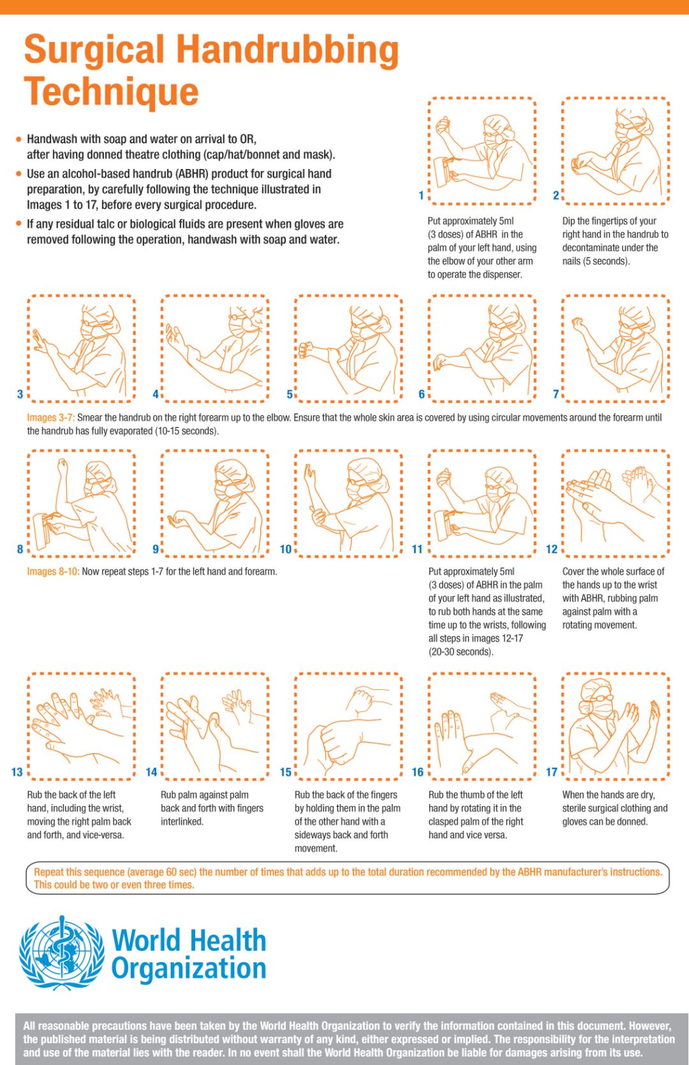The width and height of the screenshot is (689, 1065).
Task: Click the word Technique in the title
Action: pyautogui.click(x=111, y=92)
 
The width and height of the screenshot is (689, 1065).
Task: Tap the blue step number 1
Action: pyautogui.click(x=421, y=195)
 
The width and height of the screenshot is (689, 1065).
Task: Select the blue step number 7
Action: pyautogui.click(x=556, y=394)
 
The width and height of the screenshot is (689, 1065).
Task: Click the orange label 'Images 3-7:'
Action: pyautogui.click(x=51, y=418)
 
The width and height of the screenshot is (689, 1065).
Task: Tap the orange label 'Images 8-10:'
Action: pyautogui.click(x=53, y=571)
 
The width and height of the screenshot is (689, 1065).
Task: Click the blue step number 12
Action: pyautogui.click(x=552, y=549)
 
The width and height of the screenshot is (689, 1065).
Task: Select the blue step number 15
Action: pyautogui.click(x=285, y=772)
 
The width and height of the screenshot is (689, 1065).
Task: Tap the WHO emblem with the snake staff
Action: pyautogui.click(x=62, y=953)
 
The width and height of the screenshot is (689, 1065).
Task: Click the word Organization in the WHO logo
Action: pyautogui.click(x=189, y=969)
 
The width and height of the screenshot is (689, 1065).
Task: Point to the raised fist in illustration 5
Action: pyautogui.click(x=305, y=349)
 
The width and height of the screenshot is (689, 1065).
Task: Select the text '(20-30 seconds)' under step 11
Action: pyautogui.click(x=461, y=651)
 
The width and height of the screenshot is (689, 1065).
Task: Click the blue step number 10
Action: pyautogui.click(x=285, y=549)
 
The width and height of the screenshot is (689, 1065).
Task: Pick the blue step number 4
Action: pyautogui.click(x=156, y=394)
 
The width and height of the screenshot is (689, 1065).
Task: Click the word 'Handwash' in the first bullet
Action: pyautogui.click(x=51, y=139)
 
